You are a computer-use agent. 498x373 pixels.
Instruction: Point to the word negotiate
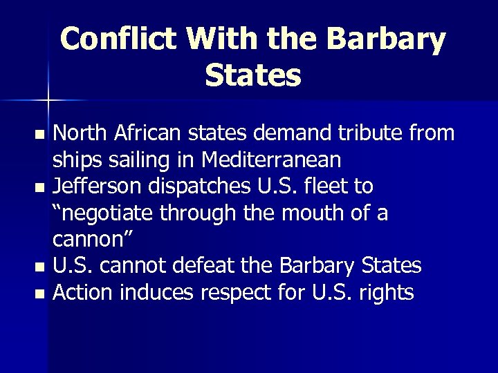coord(107,213)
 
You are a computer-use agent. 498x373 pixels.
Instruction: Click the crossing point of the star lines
coord(48,101)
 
